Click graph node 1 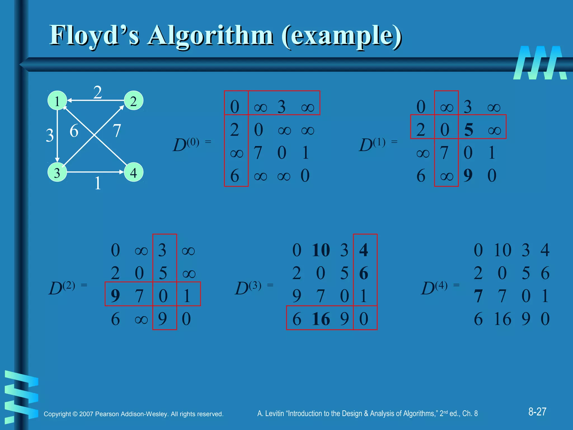tap(57, 101)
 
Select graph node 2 tap(133, 101)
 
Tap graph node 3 tap(57, 172)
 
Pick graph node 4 tap(133, 172)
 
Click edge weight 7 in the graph tap(117, 131)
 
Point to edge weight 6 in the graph tap(74, 131)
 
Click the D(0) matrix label tap(186, 144)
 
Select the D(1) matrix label tap(372, 144)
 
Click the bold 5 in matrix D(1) tap(469, 130)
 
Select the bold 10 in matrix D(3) tap(321, 250)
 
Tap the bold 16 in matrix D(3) tap(321, 319)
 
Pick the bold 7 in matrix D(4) tap(478, 296)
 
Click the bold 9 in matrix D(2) tap(115, 296)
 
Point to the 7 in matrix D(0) tap(258, 153)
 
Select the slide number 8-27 tap(537, 412)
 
